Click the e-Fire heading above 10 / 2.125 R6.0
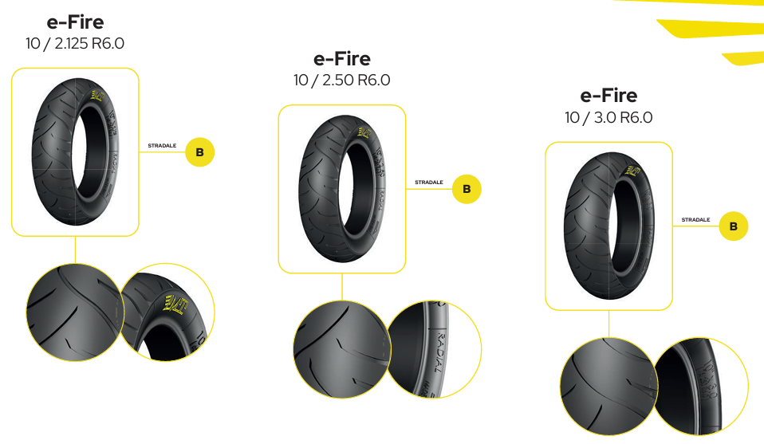(x=75, y=22)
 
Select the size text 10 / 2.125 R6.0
(x=75, y=43)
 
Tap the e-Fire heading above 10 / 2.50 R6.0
(x=342, y=58)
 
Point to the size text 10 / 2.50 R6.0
(x=342, y=80)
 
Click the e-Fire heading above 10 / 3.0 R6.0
(x=608, y=96)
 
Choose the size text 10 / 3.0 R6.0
(x=608, y=117)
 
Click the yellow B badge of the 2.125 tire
(x=200, y=152)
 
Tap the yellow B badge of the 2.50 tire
(x=467, y=189)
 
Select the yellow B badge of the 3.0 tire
(x=734, y=226)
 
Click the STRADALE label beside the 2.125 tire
(x=162, y=146)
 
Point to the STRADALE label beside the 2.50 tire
(x=429, y=183)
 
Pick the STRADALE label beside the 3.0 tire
(x=695, y=220)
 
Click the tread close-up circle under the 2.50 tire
(x=341, y=348)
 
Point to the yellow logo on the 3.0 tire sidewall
(x=632, y=170)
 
